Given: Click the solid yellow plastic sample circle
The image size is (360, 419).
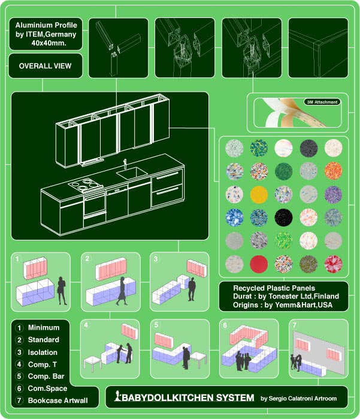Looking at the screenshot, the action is tap(259, 194).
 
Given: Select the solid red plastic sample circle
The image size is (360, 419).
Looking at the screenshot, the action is tap(259, 264).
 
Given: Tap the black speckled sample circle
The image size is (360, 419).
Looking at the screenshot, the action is tap(283, 218).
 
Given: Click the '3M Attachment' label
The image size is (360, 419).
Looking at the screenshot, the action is tap(322, 102).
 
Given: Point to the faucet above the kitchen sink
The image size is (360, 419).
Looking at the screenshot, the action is tap(125, 163).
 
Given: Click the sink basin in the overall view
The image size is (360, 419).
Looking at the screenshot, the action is tap(131, 173).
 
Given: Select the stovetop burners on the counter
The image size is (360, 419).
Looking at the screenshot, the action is tap(85, 185).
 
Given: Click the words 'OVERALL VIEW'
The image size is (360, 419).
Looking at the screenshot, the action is tap(45, 66).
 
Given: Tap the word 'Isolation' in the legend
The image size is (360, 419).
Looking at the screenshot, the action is tap(43, 352).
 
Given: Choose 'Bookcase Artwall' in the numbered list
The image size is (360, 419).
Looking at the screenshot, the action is tap(58, 400).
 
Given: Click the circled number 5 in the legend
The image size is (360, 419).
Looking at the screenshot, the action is tap(19, 376).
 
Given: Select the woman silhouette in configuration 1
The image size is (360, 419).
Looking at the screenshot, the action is tap(62, 291).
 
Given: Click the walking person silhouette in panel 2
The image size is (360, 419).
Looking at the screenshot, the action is tap(122, 291).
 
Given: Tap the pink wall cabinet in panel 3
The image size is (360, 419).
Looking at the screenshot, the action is tap(197, 268).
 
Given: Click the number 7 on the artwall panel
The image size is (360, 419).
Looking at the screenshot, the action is tap(295, 325).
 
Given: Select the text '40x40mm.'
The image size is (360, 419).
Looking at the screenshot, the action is tap(49, 43).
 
